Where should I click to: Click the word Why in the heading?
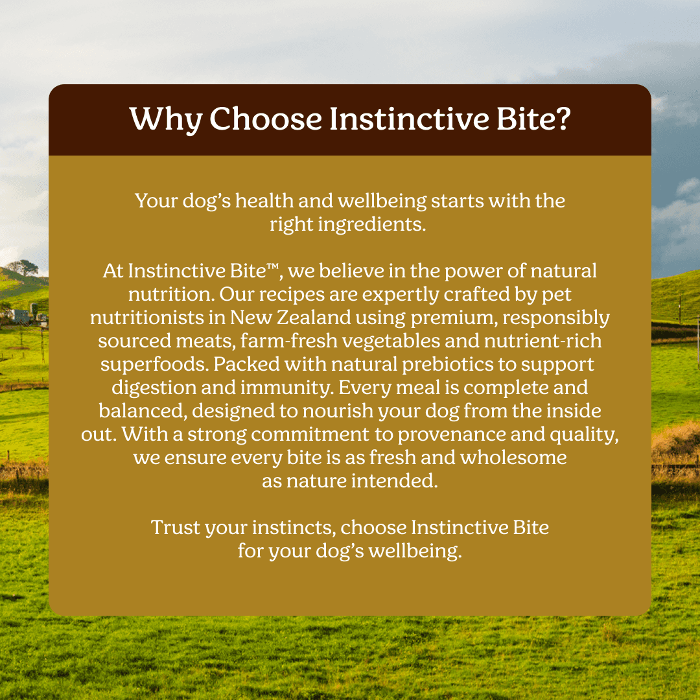point(166,120)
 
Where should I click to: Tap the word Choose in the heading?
point(266,119)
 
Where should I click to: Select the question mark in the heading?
point(563,119)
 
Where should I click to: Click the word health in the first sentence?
point(264,200)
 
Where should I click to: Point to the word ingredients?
point(372,224)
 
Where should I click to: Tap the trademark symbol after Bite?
point(272,267)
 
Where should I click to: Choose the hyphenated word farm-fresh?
point(289,341)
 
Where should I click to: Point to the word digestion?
point(154,388)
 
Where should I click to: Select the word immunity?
point(287,388)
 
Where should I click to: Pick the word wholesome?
point(513,457)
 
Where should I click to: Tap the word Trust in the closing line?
point(176,527)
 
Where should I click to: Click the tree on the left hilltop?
point(22,268)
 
